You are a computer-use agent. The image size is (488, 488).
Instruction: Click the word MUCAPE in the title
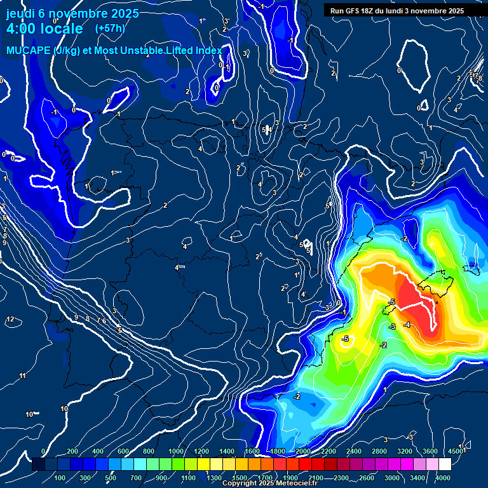(26, 51)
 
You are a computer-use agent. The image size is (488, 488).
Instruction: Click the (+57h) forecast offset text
(110, 29)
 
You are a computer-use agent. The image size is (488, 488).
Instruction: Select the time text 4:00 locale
(44, 29)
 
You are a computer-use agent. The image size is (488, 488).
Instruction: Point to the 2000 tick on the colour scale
(303, 451)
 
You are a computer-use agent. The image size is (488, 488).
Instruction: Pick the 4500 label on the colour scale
(456, 451)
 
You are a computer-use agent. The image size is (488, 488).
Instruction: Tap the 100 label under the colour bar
(60, 478)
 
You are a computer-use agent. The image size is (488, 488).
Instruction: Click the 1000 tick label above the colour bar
(175, 451)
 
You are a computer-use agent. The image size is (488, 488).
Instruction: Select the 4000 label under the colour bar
(443, 478)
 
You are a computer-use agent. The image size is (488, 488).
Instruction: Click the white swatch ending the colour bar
(463, 464)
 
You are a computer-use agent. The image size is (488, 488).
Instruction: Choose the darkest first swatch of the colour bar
(37, 464)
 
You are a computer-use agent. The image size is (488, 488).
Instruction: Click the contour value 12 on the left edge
(10, 319)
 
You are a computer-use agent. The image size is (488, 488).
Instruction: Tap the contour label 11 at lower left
(23, 376)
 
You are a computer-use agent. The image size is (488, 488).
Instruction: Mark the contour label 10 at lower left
(29, 414)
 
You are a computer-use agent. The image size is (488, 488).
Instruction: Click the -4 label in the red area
(407, 325)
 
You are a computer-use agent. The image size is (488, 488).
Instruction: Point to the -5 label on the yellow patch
(345, 339)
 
